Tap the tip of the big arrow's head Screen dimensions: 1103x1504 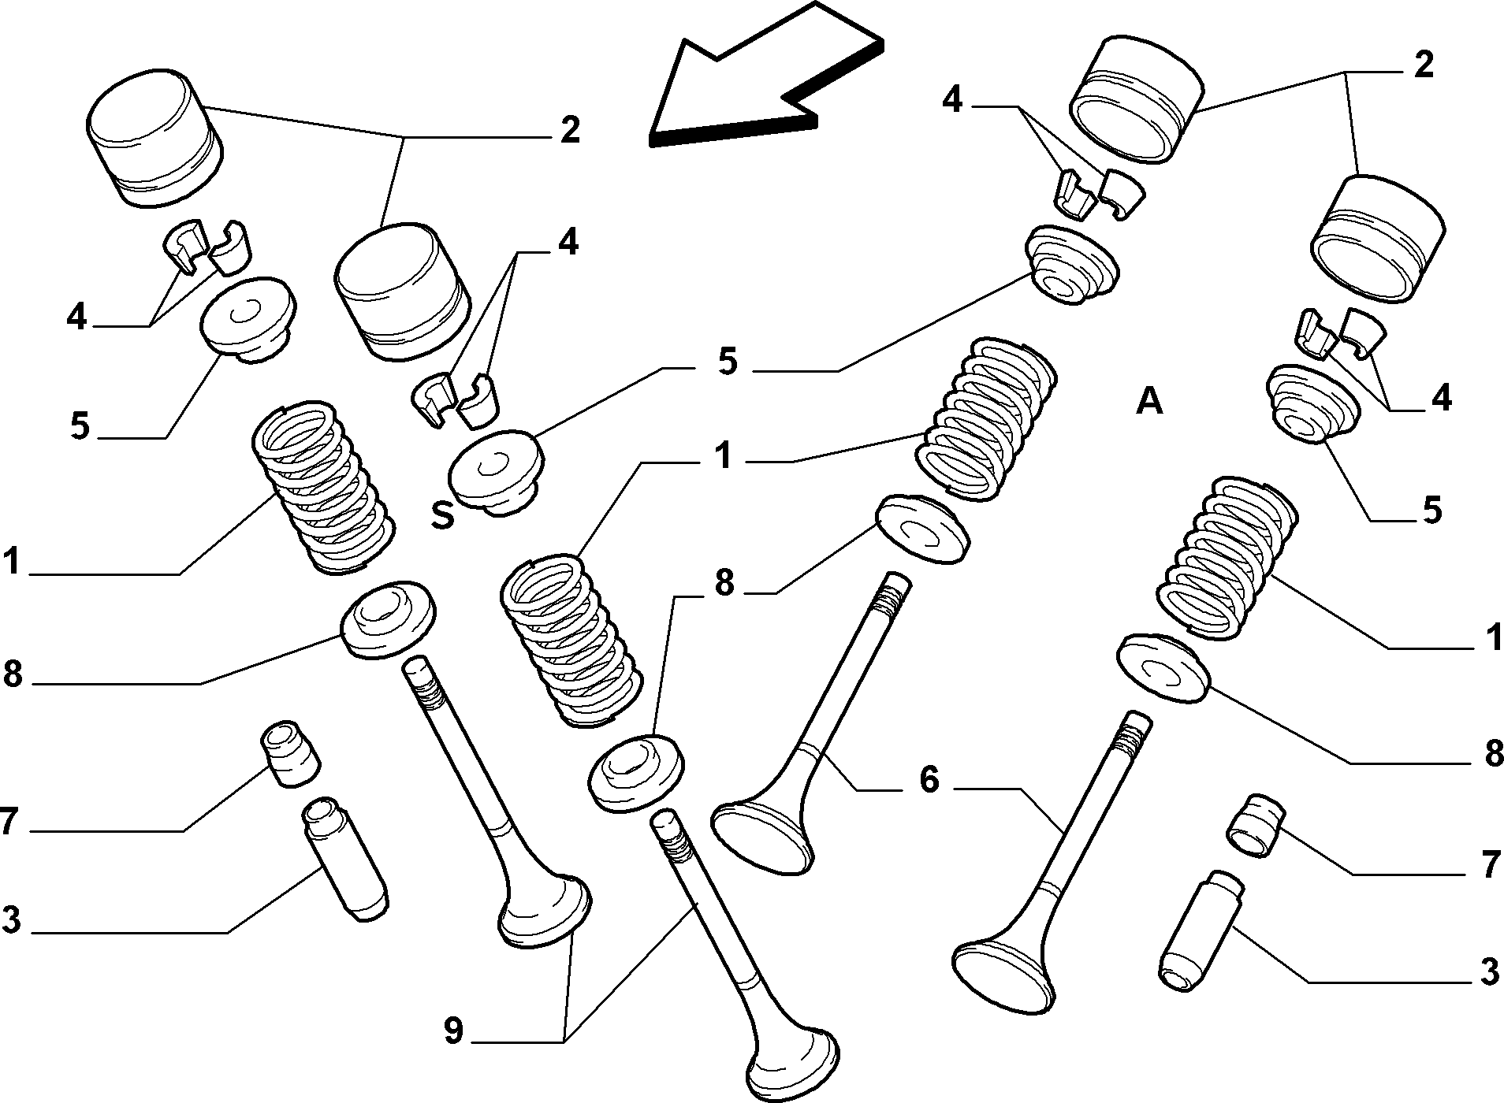[x=651, y=140]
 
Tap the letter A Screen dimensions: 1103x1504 [x=1150, y=402]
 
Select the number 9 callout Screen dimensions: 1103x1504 [x=452, y=1031]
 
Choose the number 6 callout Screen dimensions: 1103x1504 [x=929, y=780]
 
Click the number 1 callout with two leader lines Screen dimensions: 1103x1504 [x=723, y=456]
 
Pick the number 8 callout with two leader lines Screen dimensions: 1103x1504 [x=724, y=585]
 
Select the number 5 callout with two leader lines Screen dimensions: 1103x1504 [x=726, y=362]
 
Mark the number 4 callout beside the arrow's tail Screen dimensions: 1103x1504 [x=952, y=100]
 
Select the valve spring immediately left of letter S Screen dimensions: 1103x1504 [x=326, y=488]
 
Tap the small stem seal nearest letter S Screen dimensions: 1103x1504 [x=290, y=752]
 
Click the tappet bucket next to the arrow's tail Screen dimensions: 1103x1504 [x=1134, y=98]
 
